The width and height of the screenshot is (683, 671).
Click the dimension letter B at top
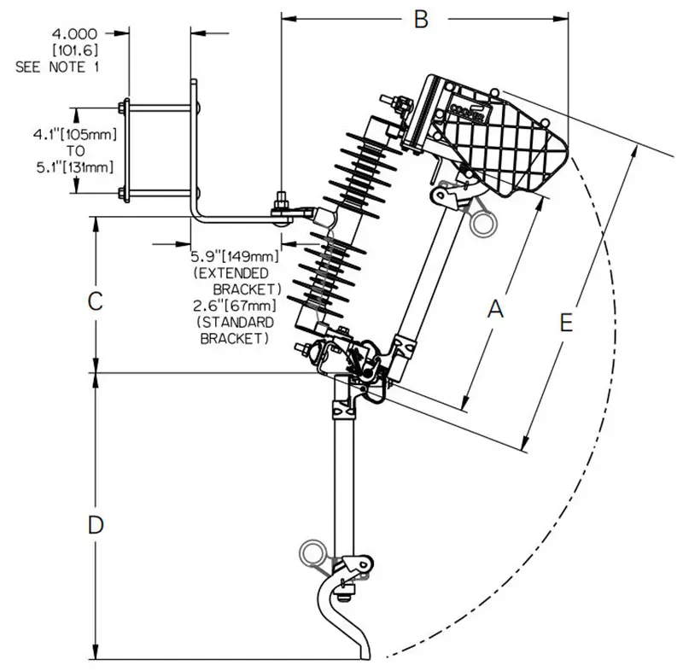420,20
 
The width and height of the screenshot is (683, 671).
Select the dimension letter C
96,301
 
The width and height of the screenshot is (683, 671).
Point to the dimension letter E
564,322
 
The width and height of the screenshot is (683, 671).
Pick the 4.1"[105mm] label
74,134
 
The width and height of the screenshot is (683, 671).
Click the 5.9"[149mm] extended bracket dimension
235,255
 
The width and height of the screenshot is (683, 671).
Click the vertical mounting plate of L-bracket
195,145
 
